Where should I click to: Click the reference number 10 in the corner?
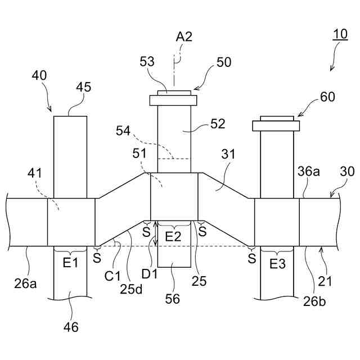340,34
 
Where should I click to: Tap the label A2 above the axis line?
184,37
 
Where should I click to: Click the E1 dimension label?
70,262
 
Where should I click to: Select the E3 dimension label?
278,262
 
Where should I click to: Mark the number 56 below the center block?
173,299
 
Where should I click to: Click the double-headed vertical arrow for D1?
156,233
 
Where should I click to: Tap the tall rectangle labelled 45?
70,156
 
